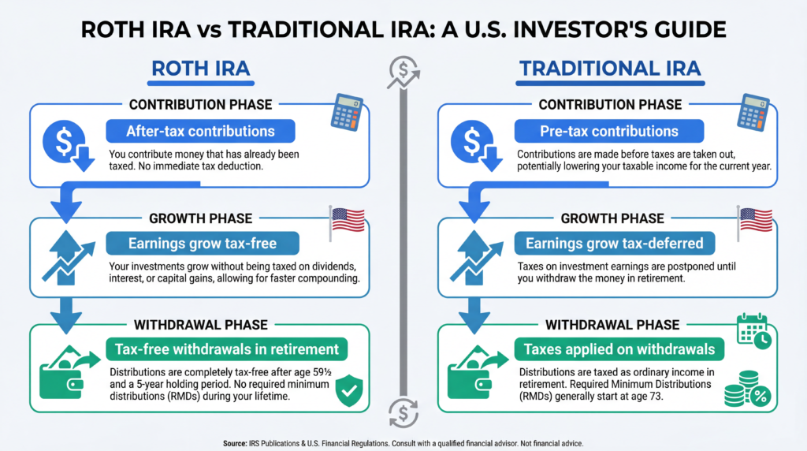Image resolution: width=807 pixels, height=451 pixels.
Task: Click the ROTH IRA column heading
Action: click(x=201, y=69)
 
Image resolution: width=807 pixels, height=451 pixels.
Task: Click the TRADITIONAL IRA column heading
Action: click(x=609, y=69)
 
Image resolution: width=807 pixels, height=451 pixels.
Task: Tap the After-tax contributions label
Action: click(x=200, y=131)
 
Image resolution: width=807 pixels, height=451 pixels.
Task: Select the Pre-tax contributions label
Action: click(x=597, y=131)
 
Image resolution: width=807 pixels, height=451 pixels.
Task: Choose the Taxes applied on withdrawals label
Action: click(x=615, y=350)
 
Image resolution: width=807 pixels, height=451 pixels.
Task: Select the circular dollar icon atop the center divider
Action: click(x=403, y=73)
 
